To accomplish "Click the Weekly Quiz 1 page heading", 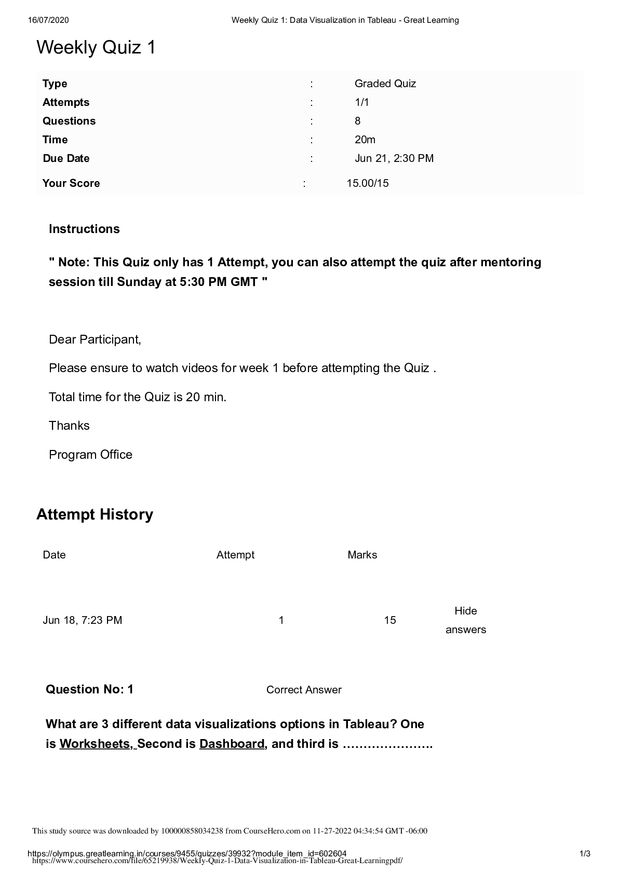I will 96,48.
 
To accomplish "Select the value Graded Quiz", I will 385,84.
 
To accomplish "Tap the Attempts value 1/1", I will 361,102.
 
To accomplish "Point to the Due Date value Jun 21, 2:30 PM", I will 394,158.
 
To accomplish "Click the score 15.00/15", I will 368,183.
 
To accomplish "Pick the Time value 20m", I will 365,140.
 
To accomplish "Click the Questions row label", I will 69,121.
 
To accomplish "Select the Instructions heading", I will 84,229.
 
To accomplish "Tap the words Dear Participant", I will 95,339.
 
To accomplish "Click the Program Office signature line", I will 90,455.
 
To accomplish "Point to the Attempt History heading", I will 95,514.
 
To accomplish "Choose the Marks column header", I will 362,555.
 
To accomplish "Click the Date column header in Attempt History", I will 54,555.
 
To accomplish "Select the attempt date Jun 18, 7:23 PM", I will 83,620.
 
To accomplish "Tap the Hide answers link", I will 465,620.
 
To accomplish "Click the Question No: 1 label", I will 89,689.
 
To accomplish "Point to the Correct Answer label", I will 304,690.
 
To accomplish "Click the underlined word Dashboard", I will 232,744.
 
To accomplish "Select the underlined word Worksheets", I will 96,744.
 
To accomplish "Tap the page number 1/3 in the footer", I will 585,854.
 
